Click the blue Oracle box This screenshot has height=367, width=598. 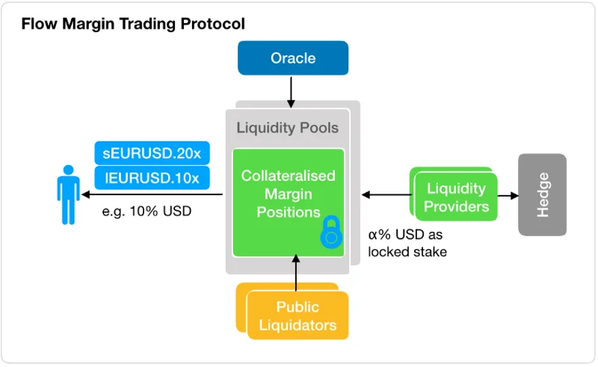coord(293,58)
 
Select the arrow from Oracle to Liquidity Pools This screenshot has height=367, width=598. coord(291,93)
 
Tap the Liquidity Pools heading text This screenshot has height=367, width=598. coord(288,128)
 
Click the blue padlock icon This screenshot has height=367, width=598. coord(331,232)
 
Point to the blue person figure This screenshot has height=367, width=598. coord(69,194)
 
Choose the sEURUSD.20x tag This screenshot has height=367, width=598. coord(152,153)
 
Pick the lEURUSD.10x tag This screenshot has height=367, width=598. coord(152,178)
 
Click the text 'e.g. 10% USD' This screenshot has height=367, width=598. coord(147,212)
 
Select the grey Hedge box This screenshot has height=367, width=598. coord(542,194)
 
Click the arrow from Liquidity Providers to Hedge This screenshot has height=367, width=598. coord(508,196)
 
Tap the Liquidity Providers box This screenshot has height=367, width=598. coord(456,197)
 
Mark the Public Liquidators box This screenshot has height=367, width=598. coord(298,315)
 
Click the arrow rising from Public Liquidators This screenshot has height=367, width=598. coord(295,273)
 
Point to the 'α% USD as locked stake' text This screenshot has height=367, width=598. coord(407,243)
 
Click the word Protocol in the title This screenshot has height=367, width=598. coord(213,24)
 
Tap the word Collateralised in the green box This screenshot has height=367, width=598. coord(289,176)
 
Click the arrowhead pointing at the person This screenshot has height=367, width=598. coord(86,194)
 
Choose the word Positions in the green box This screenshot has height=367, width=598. coord(289,212)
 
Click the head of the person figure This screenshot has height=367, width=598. coord(69,170)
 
